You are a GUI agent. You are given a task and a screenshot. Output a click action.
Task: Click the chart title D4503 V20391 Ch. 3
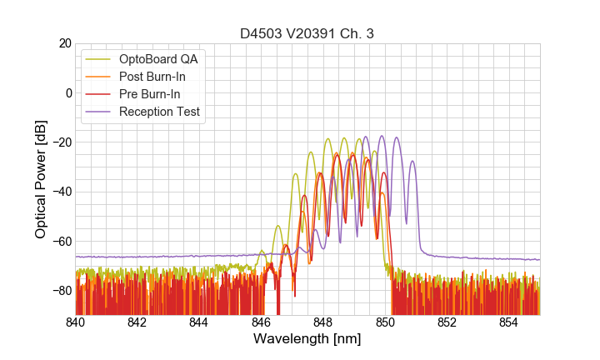pos(307,34)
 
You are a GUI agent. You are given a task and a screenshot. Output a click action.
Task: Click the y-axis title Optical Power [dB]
pos(40,179)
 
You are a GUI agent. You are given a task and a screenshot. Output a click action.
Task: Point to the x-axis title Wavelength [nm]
pos(307,340)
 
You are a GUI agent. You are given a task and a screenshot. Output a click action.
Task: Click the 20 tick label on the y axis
pos(63,43)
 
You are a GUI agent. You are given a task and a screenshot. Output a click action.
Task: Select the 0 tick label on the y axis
pos(67,92)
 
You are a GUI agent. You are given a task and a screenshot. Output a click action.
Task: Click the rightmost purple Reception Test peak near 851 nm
pos(412,162)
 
